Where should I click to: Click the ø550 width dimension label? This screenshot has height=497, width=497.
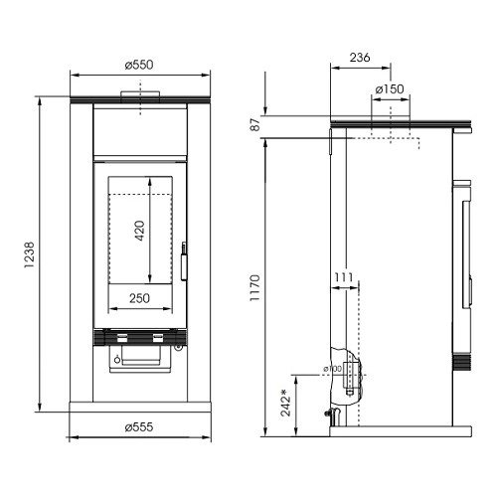click(x=139, y=65)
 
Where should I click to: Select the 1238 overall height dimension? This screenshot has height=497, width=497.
click(x=29, y=255)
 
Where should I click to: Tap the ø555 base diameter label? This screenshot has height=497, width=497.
click(x=139, y=427)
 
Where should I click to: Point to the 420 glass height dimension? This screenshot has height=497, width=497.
click(x=140, y=231)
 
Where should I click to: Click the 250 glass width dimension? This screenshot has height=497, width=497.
click(x=139, y=298)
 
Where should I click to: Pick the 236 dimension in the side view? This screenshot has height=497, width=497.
click(x=360, y=58)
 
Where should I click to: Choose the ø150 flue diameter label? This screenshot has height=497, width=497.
click(x=390, y=89)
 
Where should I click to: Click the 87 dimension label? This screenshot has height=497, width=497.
click(x=255, y=125)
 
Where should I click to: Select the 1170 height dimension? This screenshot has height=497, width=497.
click(x=255, y=287)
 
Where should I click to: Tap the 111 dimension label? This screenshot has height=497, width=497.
click(x=344, y=277)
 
